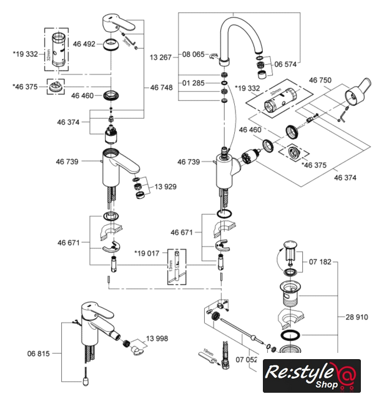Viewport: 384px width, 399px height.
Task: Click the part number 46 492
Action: click(x=84, y=44)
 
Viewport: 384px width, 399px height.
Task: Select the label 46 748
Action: click(x=162, y=88)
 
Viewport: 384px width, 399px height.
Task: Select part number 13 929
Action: click(x=167, y=186)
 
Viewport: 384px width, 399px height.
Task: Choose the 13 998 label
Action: click(x=159, y=339)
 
